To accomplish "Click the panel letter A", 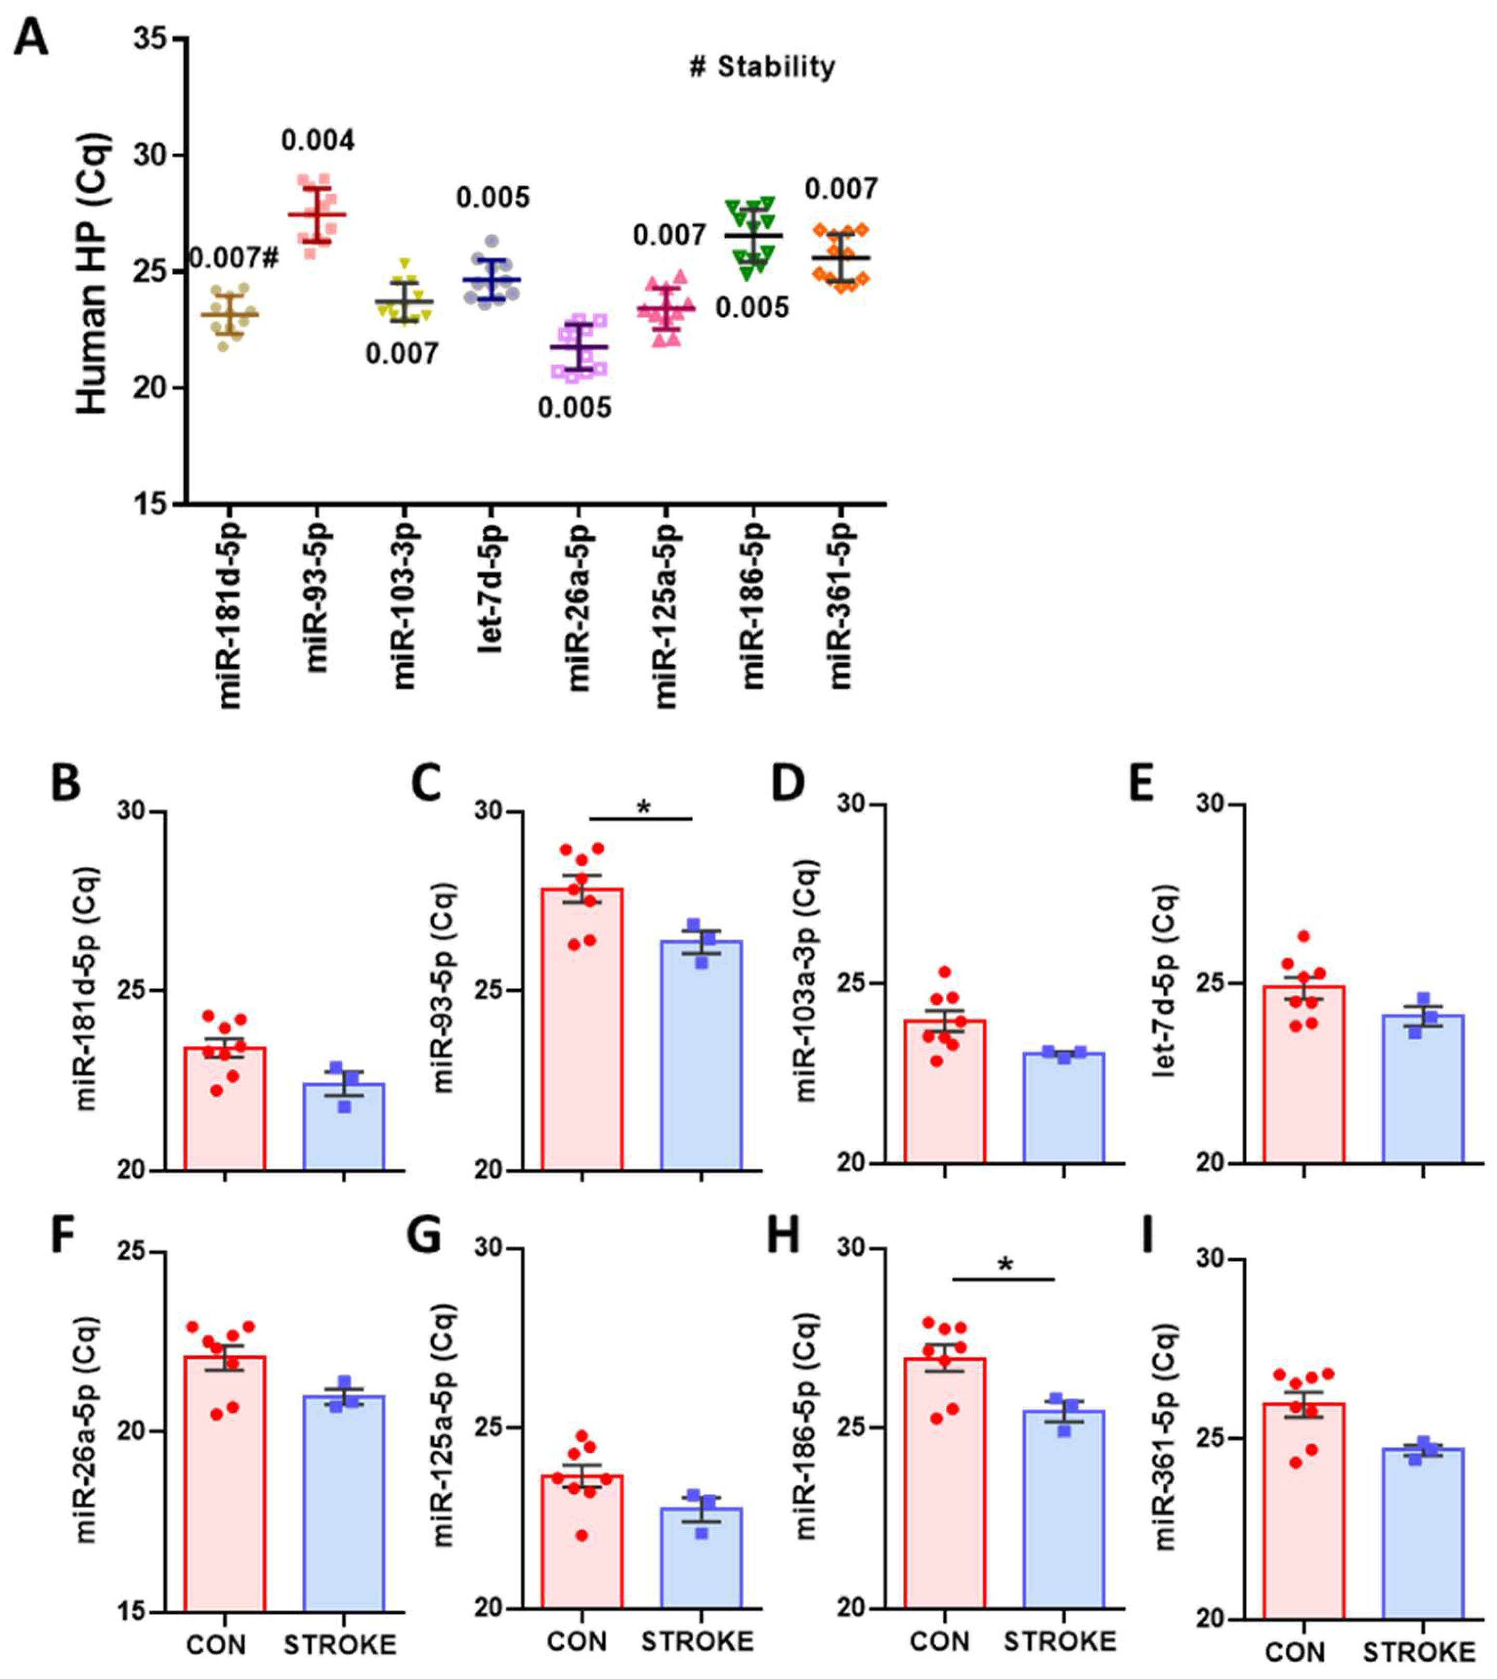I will coord(31,40).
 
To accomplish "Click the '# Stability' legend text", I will coord(761,67).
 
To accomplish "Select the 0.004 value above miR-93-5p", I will coord(318,141).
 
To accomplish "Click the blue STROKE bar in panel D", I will coord(1063,1107).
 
